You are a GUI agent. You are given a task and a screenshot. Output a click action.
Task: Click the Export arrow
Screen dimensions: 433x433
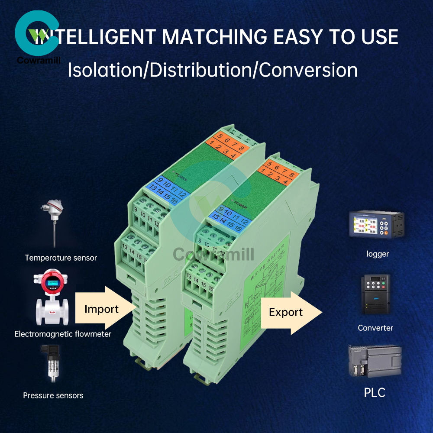point(288,313)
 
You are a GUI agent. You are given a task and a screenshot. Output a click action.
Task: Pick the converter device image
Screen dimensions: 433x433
point(375,294)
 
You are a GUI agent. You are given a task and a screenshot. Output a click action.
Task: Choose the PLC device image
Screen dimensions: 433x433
point(375,361)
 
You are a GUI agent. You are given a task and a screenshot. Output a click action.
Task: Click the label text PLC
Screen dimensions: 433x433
point(375,393)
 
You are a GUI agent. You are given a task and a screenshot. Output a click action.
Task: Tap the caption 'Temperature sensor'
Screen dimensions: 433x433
point(61,258)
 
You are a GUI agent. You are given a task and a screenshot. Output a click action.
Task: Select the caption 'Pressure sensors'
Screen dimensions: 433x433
point(53,395)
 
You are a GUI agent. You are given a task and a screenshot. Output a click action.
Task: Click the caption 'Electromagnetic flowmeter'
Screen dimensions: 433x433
point(63,334)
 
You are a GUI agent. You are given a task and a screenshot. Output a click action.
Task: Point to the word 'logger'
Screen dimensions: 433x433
point(378,254)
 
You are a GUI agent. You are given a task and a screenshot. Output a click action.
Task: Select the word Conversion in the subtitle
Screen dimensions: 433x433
point(308,70)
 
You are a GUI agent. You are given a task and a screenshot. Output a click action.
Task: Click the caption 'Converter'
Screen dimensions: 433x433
point(375,328)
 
